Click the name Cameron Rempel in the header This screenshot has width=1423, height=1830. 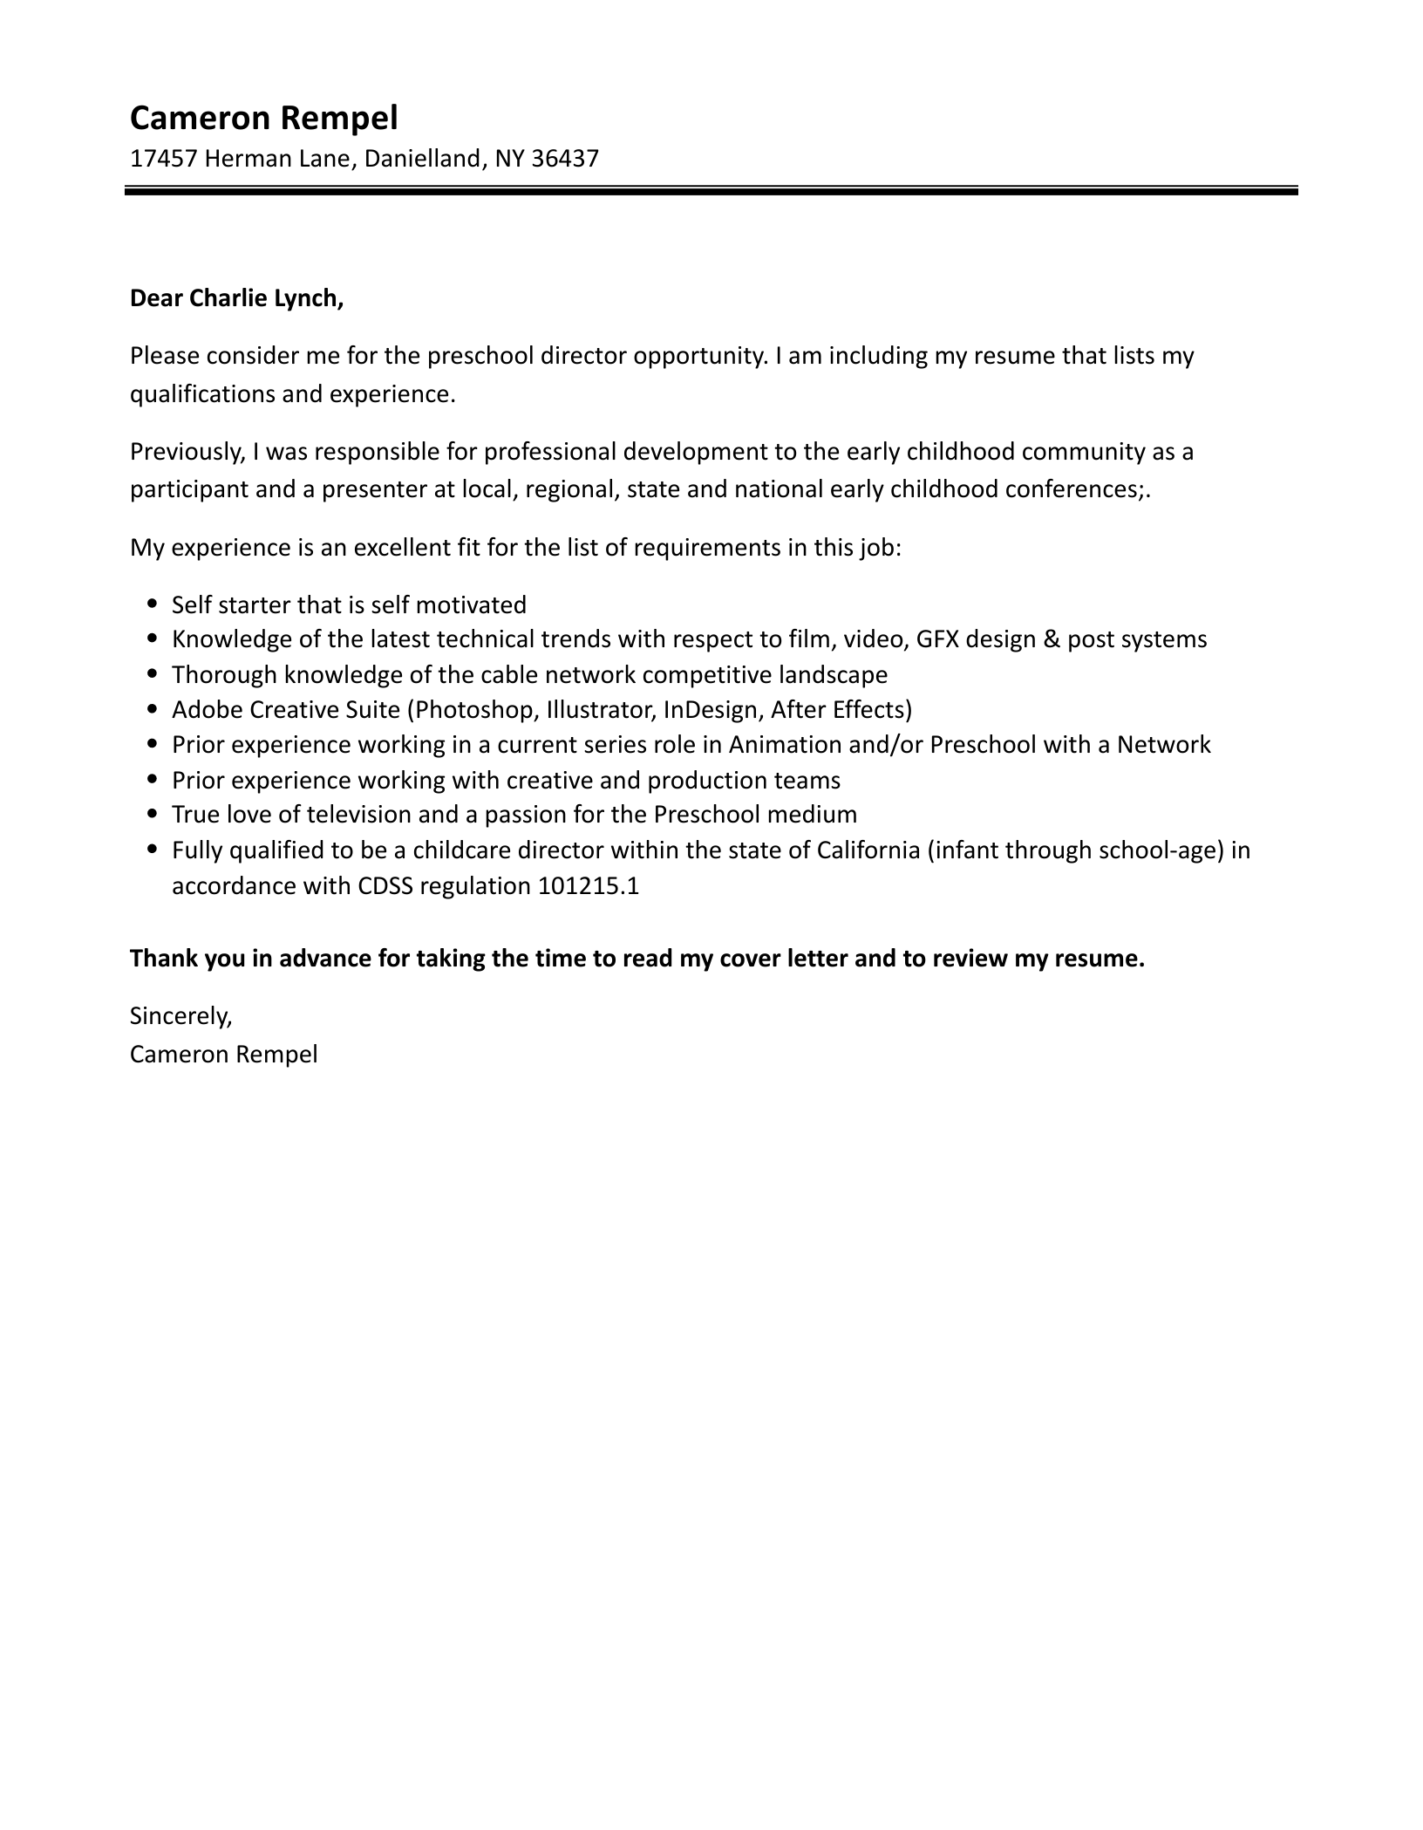[x=263, y=118]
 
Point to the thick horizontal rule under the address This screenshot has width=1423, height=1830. [x=711, y=190]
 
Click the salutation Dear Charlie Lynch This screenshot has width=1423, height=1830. [x=236, y=298]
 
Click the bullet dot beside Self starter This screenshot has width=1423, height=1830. [x=153, y=604]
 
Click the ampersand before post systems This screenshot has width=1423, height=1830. [x=1052, y=639]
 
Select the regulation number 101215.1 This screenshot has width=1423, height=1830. [x=589, y=886]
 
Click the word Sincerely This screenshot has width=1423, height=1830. [x=181, y=1016]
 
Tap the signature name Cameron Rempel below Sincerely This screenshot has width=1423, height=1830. [x=223, y=1055]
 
